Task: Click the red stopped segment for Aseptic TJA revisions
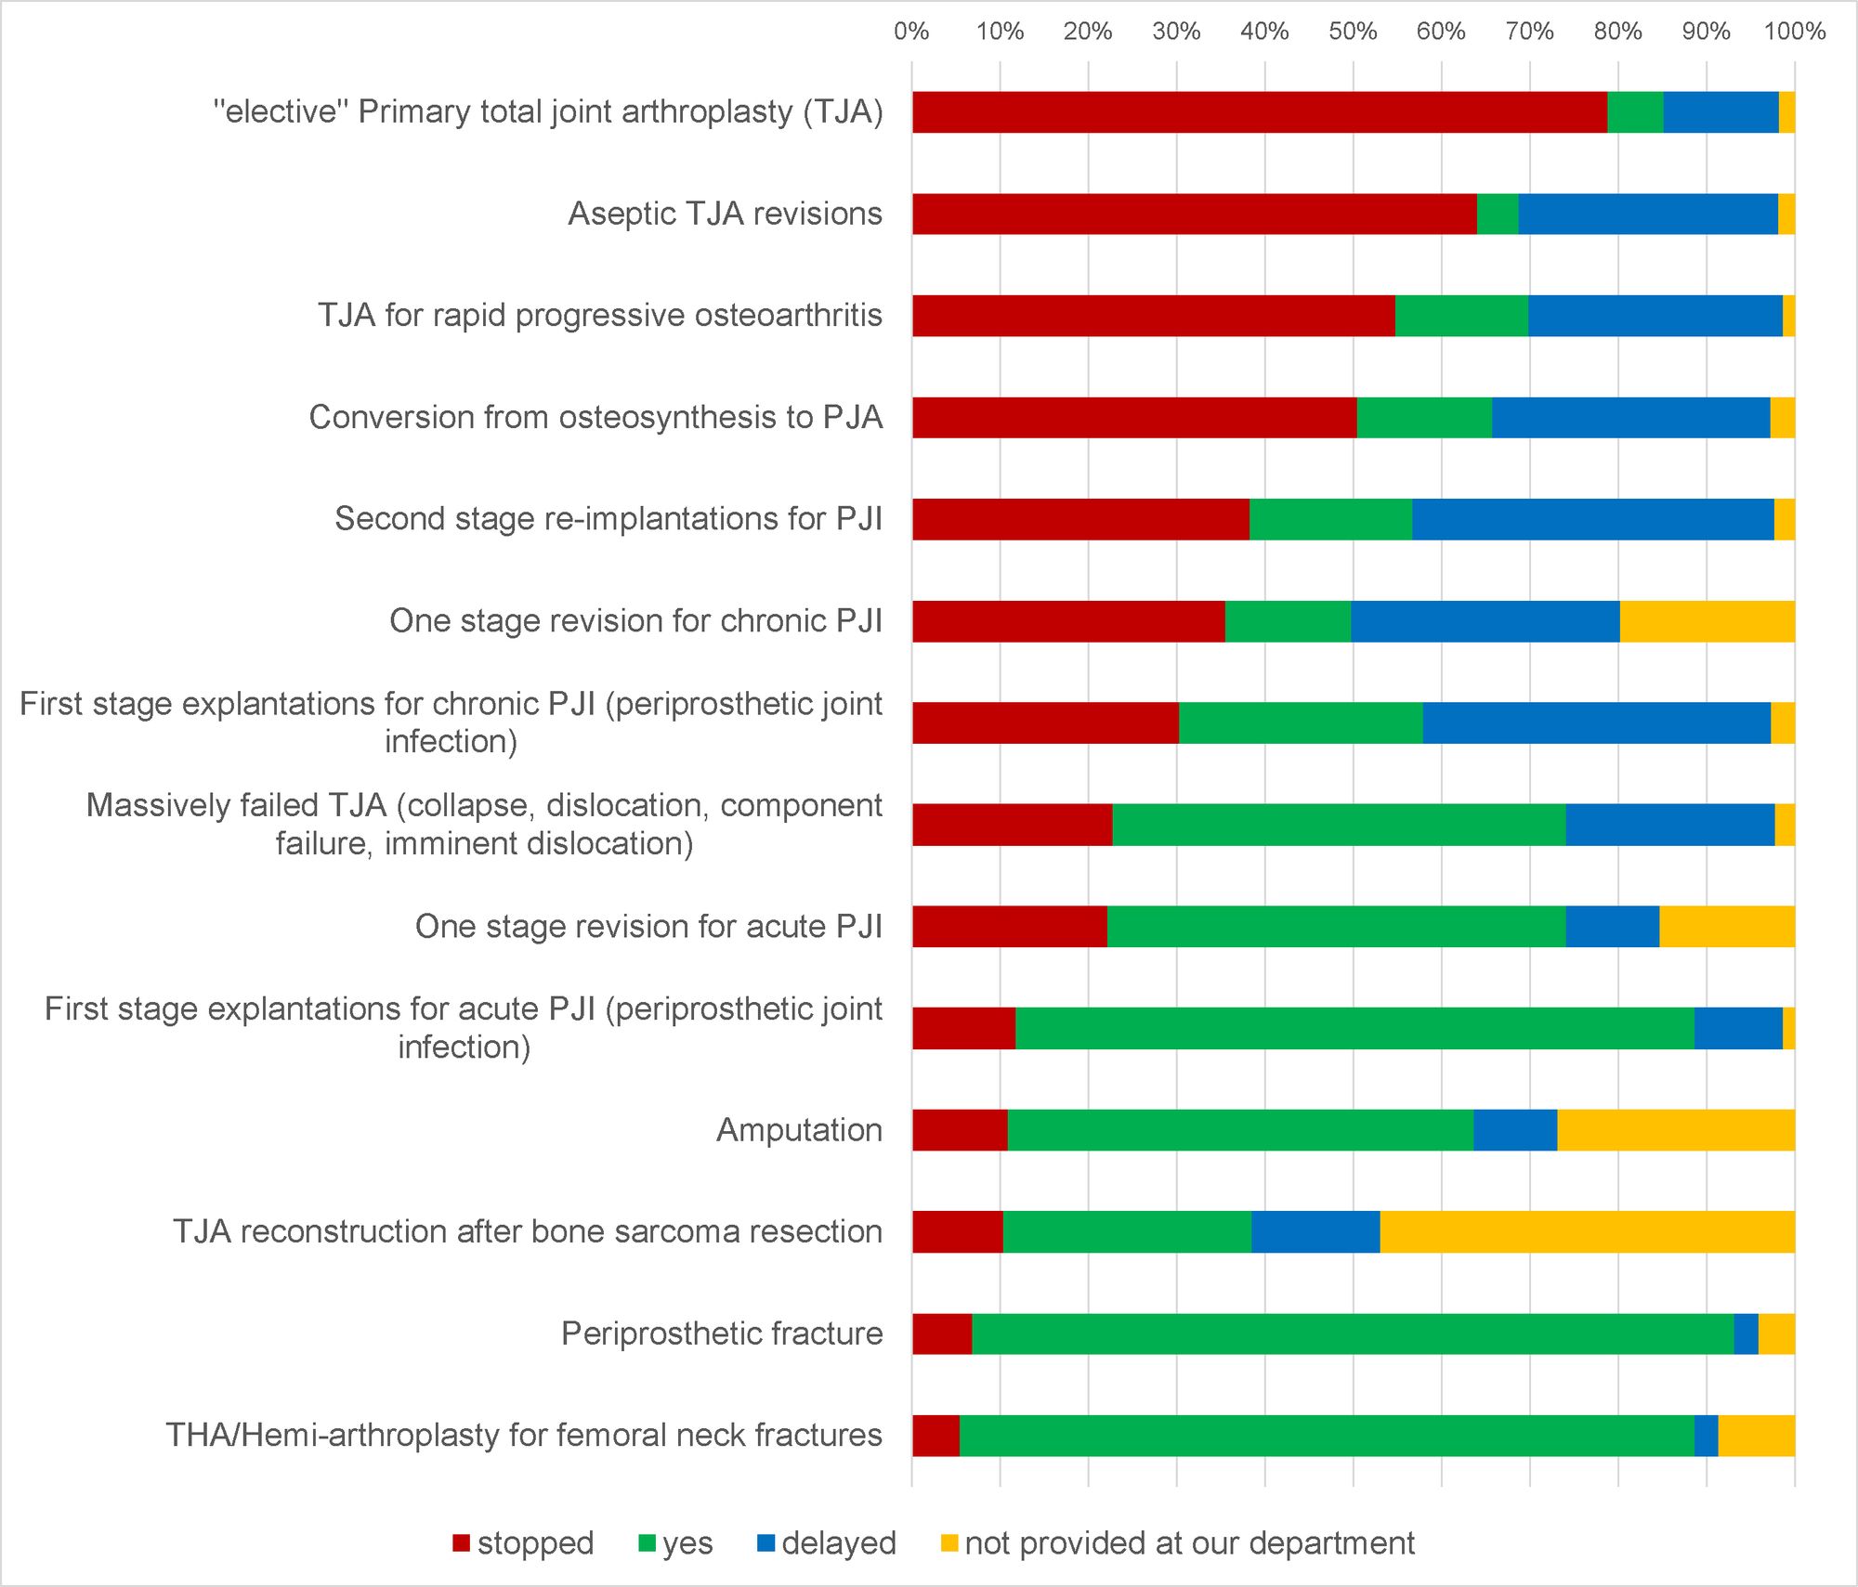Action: [1194, 214]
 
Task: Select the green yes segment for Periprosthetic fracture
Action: [1352, 1333]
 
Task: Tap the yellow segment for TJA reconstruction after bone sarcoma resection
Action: [1587, 1231]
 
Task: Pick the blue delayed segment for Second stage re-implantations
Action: [1592, 519]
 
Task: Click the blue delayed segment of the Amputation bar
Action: [1515, 1130]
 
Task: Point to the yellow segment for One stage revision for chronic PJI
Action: [1707, 621]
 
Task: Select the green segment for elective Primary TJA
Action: [1635, 112]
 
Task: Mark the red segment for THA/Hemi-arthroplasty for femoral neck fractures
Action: [936, 1436]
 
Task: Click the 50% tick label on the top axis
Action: [1353, 32]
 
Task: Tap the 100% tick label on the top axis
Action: [1794, 32]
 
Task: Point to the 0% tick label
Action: [911, 32]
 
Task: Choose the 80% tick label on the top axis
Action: [1617, 32]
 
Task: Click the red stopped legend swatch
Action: [462, 1543]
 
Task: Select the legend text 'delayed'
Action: [838, 1543]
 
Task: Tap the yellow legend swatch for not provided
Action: [949, 1543]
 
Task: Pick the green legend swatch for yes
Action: [648, 1543]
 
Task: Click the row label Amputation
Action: [799, 1130]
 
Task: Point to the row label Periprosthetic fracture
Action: [722, 1333]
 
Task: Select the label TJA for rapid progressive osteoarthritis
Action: [600, 316]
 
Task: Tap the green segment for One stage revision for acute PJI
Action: [1336, 927]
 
